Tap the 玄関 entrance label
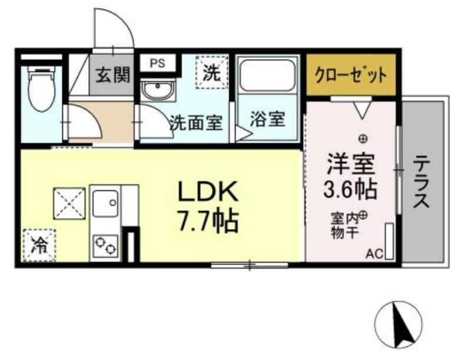(x=112, y=76)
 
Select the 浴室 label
(x=268, y=120)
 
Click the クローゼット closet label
(x=351, y=75)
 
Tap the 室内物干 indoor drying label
(x=346, y=224)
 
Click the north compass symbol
(x=399, y=323)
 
